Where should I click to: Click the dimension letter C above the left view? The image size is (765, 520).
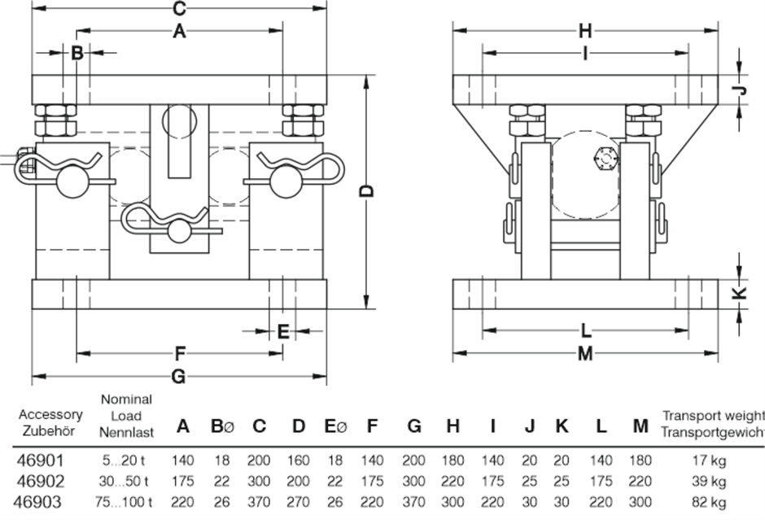click(180, 10)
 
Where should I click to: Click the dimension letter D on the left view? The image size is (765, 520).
click(367, 190)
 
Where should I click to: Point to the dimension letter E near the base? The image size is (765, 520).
click(282, 331)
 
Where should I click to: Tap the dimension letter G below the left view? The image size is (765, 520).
click(180, 377)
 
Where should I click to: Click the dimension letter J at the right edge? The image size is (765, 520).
click(740, 90)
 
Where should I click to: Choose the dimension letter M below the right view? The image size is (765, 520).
click(585, 354)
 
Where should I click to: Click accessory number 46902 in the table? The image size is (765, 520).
click(38, 481)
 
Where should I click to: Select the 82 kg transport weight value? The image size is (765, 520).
click(706, 502)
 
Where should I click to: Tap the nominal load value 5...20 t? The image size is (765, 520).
click(126, 461)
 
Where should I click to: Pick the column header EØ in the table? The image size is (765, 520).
click(335, 426)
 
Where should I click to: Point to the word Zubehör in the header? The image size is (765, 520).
click(50, 430)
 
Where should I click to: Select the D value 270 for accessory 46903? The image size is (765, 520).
click(299, 502)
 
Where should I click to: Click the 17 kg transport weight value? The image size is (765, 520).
click(706, 461)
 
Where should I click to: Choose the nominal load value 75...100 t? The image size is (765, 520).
click(126, 502)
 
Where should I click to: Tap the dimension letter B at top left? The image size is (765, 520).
click(77, 54)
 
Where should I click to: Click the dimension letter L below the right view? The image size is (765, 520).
click(586, 331)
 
